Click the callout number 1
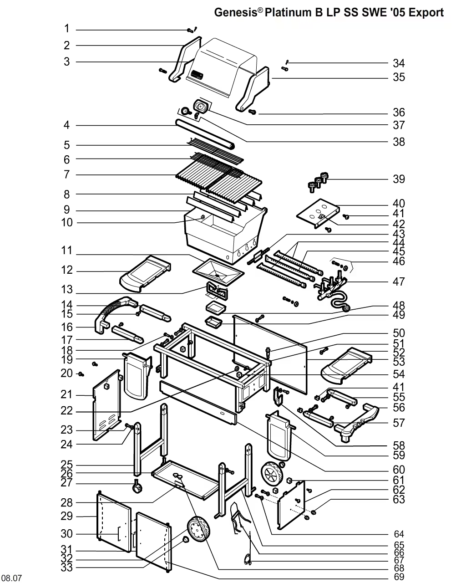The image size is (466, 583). pos(67,29)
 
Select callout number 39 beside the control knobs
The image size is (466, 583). pos(399,179)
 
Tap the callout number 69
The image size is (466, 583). pos(399,577)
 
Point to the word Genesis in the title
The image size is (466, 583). pos(236,13)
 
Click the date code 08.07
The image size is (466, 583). pos(13,578)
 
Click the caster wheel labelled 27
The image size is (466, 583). pos(137,487)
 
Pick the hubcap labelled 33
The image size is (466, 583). pos(186,539)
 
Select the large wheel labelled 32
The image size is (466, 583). pos(199,529)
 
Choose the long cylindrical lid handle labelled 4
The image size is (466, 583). pos(205,134)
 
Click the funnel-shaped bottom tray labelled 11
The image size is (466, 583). pos(218,272)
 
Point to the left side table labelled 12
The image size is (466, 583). pos(145,274)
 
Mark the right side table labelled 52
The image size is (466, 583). pos(346,366)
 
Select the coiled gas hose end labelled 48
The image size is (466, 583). pos(345,308)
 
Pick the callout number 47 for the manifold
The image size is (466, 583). pos(399,282)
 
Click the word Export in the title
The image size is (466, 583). pos(426,13)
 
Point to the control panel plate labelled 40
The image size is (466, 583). pos(318,213)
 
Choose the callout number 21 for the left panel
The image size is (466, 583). pos(66,394)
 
